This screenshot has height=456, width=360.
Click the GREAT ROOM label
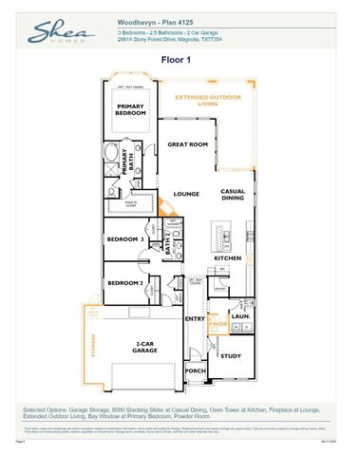tap(187, 144)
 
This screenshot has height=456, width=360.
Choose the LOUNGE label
tap(186, 194)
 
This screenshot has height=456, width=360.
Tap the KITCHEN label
tap(227, 257)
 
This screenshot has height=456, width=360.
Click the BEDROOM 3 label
tap(124, 239)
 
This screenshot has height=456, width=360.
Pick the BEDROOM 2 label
tap(124, 283)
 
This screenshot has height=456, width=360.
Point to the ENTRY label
tap(195, 318)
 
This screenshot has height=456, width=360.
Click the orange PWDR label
tap(218, 325)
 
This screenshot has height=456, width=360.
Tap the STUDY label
tap(232, 355)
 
